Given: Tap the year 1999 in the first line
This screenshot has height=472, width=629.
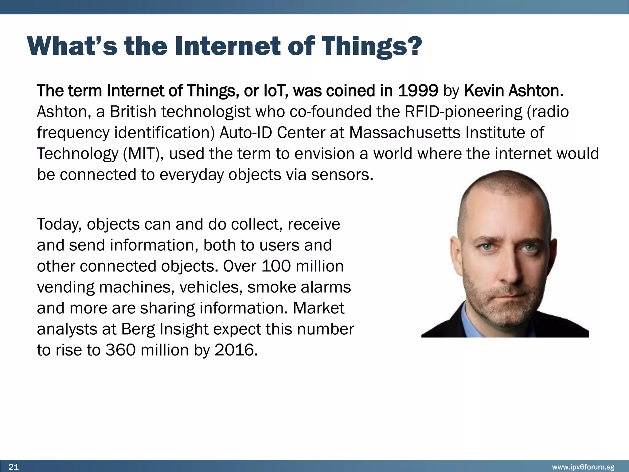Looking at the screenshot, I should pyautogui.click(x=418, y=91).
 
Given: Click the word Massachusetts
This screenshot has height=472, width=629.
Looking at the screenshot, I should pyautogui.click(x=404, y=133).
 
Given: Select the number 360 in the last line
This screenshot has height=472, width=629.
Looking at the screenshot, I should pyautogui.click(x=120, y=350).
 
